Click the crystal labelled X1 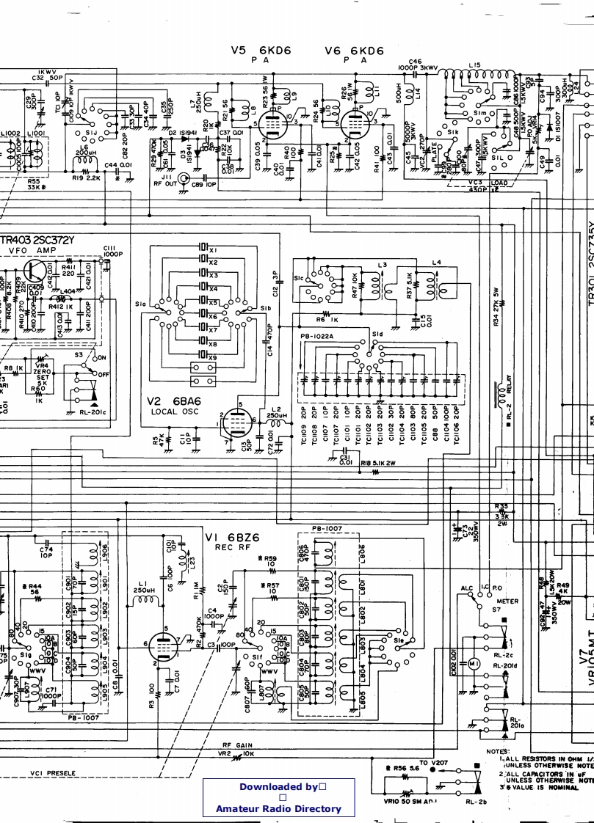203,249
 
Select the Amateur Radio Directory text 278,808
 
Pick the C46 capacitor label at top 415,62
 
